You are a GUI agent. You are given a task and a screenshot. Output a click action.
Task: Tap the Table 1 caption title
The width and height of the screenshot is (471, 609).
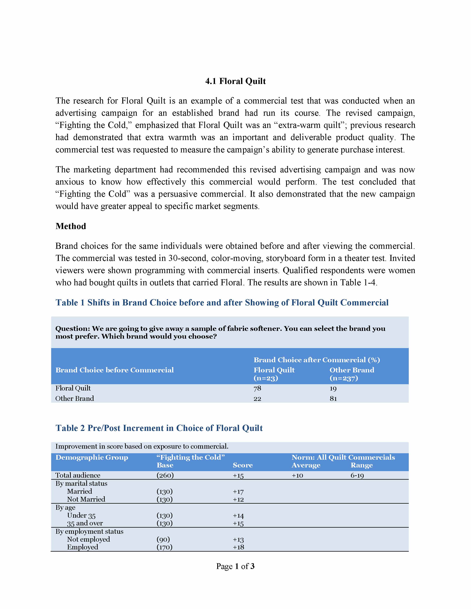[x=222, y=302]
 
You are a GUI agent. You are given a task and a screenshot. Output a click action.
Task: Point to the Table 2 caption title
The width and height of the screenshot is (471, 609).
[x=159, y=428]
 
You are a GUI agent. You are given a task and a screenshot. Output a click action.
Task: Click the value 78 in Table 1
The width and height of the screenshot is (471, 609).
[x=257, y=388]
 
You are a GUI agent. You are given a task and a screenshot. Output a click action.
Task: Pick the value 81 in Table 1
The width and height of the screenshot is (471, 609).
[x=333, y=398]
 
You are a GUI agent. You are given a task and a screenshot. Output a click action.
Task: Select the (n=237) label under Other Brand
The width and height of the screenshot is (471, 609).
[x=344, y=378]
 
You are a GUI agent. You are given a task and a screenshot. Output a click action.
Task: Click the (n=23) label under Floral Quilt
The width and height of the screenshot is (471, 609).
[x=266, y=378]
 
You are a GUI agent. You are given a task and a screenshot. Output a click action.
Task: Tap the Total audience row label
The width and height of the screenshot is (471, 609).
[x=78, y=475]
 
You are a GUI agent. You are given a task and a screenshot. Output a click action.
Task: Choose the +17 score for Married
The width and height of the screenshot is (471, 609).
[x=238, y=491]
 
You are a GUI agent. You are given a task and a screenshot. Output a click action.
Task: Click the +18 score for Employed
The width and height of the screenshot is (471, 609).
[x=238, y=547]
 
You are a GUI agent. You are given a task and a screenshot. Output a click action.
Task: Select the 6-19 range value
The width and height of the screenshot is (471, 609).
[x=357, y=475]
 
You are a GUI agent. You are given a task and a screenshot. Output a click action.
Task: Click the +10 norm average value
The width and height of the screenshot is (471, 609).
[x=297, y=475]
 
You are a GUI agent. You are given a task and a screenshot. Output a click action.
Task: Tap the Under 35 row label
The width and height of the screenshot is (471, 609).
[x=81, y=515]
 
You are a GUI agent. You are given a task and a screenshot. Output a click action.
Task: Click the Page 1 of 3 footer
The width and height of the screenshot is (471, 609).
[x=235, y=566]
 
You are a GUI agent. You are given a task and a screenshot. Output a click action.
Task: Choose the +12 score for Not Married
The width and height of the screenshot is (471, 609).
[x=238, y=499]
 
